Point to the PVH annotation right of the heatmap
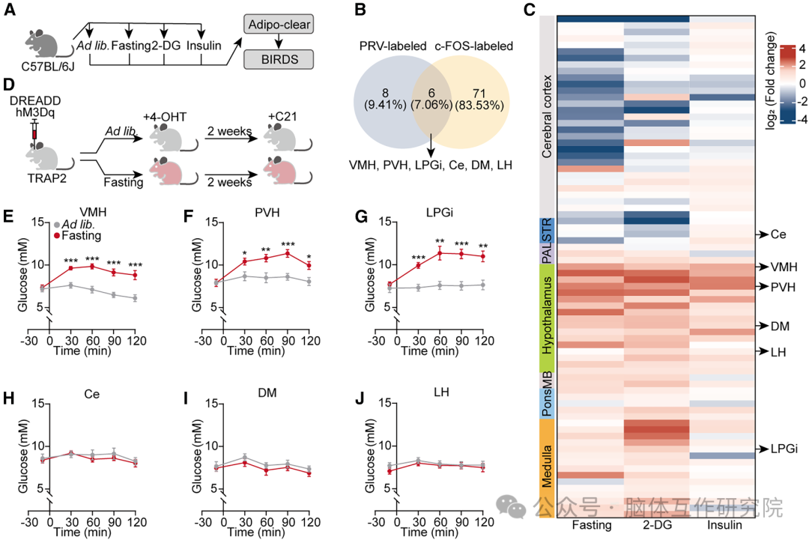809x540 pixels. (784, 286)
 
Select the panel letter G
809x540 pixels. (360, 216)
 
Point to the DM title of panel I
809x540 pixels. (263, 394)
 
